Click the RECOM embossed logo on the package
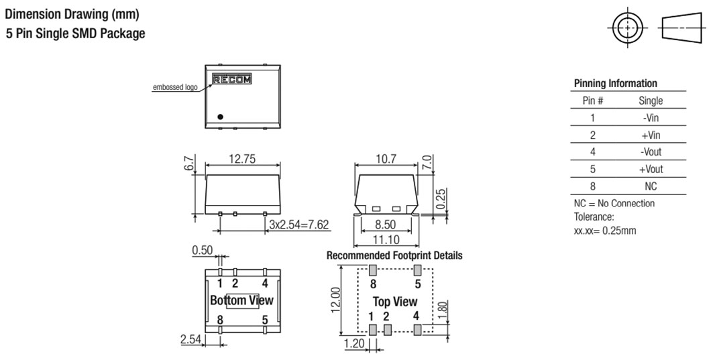[232, 79]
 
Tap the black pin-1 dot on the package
[220, 117]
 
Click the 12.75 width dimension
[242, 159]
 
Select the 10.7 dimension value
[386, 159]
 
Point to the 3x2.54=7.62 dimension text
[298, 225]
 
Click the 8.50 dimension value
[385, 225]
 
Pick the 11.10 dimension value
[386, 239]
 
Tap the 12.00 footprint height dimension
[335, 300]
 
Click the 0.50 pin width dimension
[203, 251]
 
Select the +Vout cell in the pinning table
[651, 169]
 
